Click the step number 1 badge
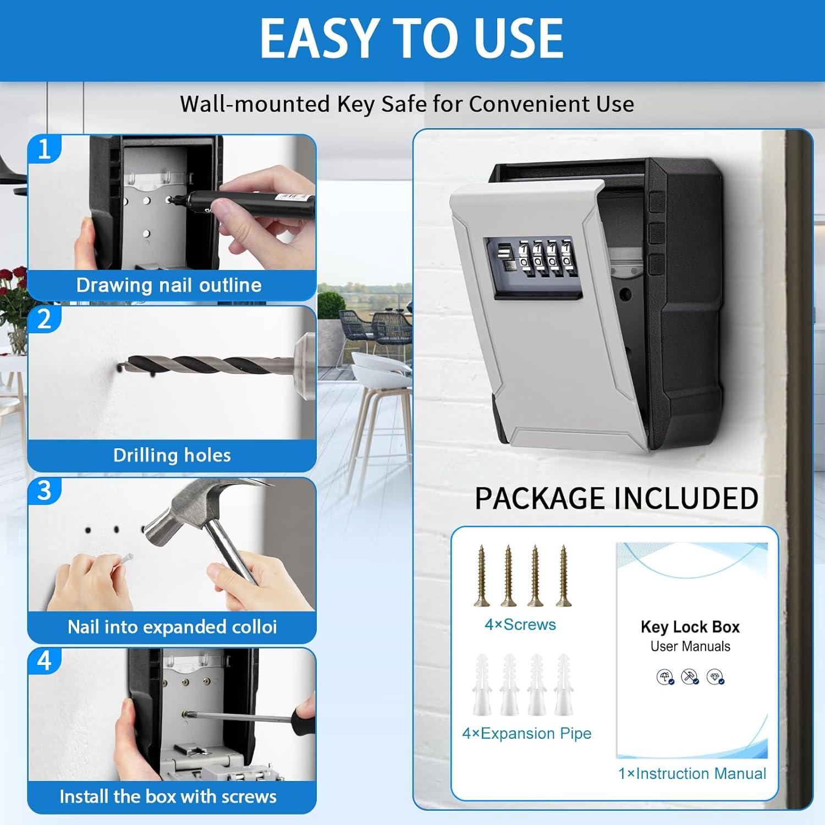coord(44,149)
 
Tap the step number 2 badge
coord(44,320)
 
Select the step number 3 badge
coord(44,491)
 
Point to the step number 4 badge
coord(44,661)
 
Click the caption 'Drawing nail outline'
coord(169,285)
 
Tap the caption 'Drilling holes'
coord(172,455)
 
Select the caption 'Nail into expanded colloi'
coord(172,627)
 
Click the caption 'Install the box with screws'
coord(168,796)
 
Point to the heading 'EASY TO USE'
coord(411,38)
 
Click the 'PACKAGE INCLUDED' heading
coord(616,498)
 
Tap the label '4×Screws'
coord(520,625)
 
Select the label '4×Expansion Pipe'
coord(526,733)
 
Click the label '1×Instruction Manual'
coord(692,773)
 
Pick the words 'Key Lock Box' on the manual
coord(690,627)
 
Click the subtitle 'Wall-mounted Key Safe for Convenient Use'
coord(407,104)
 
